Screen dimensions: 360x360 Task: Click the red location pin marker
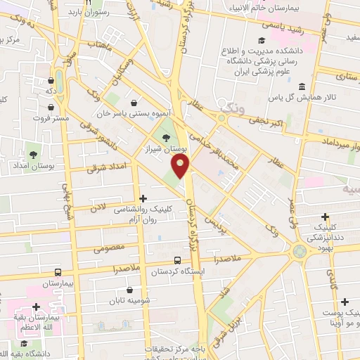click(181, 166)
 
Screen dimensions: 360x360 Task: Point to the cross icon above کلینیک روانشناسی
click(143, 200)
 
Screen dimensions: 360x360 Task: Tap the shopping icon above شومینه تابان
click(129, 290)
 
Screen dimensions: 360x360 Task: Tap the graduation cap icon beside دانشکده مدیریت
click(262, 41)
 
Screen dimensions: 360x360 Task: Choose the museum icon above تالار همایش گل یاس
click(302, 86)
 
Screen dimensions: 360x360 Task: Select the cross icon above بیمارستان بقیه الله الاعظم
click(36, 308)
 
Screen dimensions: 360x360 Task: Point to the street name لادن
click(99, 207)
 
